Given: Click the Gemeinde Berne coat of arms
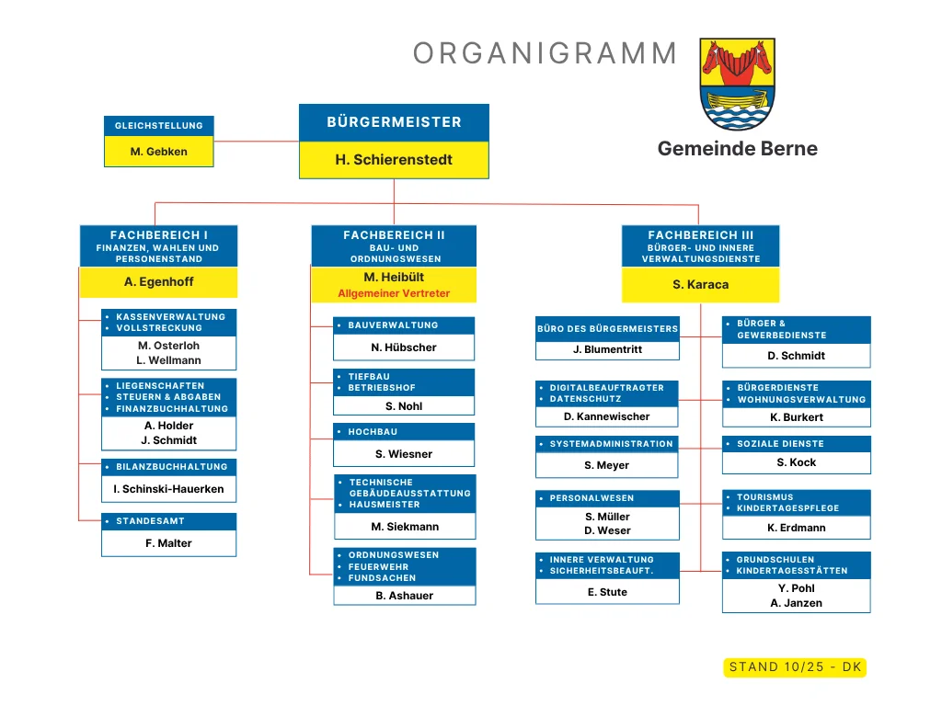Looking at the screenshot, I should (x=738, y=84).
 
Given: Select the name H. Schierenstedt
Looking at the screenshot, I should (x=394, y=160).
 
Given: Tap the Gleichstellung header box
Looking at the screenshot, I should (x=159, y=126).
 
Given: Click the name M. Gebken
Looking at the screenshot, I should (x=159, y=152).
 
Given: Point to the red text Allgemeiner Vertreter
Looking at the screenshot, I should (x=394, y=294).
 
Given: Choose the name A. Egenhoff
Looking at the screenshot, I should (x=159, y=282).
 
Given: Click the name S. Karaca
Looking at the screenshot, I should (x=700, y=285).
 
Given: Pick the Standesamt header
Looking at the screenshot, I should (x=168, y=521).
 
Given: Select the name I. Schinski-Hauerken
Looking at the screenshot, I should (x=168, y=489).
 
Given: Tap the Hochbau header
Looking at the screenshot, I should (x=404, y=432).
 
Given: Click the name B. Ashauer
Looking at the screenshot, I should (x=404, y=596).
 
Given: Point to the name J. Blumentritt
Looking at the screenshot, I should (x=607, y=350).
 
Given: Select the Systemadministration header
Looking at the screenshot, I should (x=607, y=444).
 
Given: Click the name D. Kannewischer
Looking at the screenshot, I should (x=607, y=416).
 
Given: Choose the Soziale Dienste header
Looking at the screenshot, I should (x=796, y=444).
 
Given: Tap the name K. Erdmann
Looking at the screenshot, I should (x=796, y=528).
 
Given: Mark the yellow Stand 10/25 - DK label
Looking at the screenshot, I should (x=795, y=667).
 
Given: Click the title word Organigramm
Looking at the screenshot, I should (x=546, y=53).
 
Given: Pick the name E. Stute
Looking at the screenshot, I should (x=607, y=592).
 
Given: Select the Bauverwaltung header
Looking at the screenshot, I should (x=404, y=325).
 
